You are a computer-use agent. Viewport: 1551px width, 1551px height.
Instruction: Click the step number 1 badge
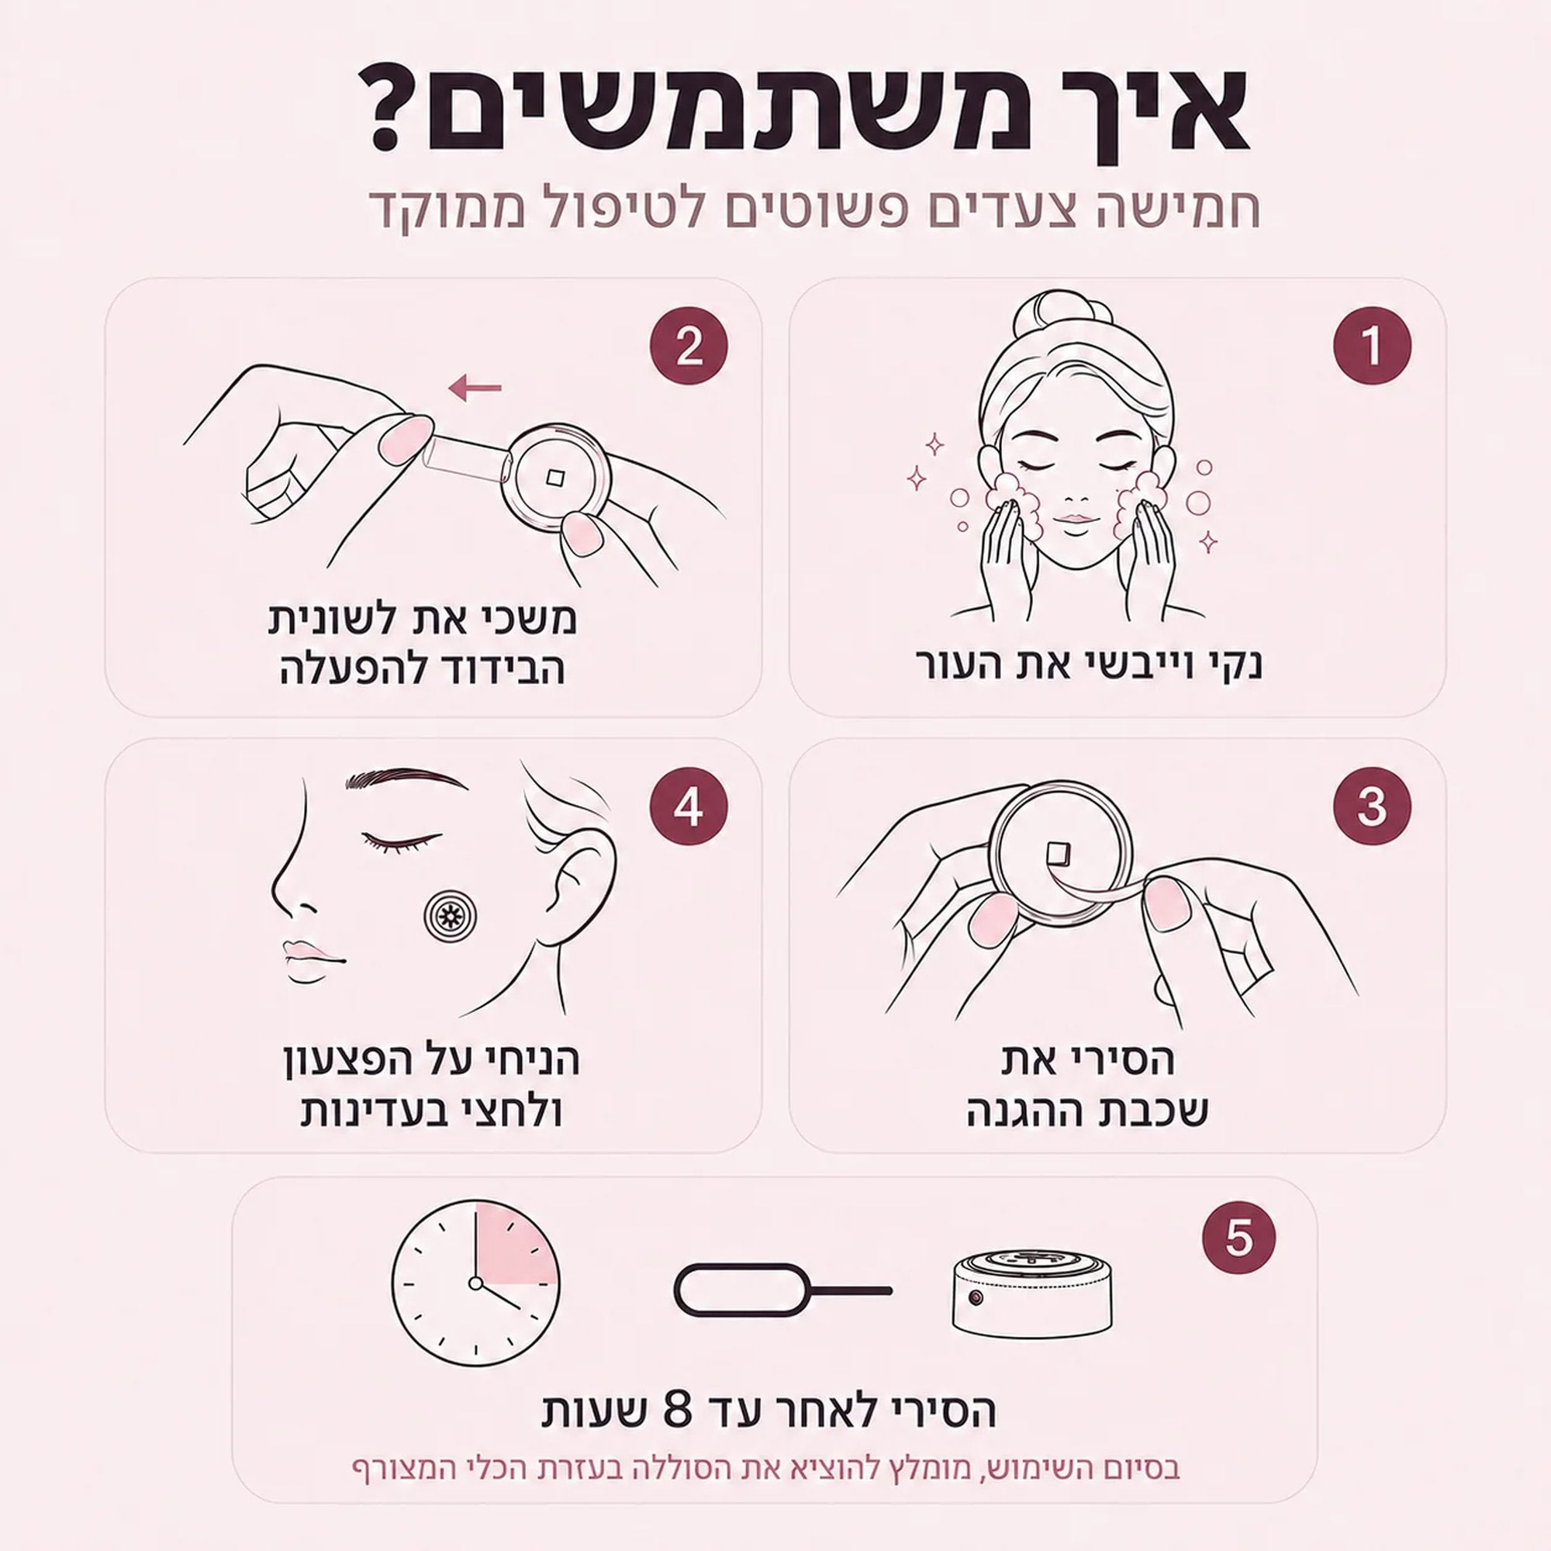(1371, 345)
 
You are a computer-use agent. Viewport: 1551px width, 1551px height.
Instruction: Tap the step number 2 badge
(688, 348)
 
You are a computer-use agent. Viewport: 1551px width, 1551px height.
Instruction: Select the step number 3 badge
(1371, 806)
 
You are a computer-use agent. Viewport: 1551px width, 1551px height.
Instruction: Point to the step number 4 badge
(688, 807)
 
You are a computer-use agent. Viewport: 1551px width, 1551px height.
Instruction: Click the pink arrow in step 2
(475, 389)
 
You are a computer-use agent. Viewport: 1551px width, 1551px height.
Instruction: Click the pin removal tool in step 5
(782, 1291)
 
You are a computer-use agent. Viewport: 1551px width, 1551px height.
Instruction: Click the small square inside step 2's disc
(553, 478)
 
